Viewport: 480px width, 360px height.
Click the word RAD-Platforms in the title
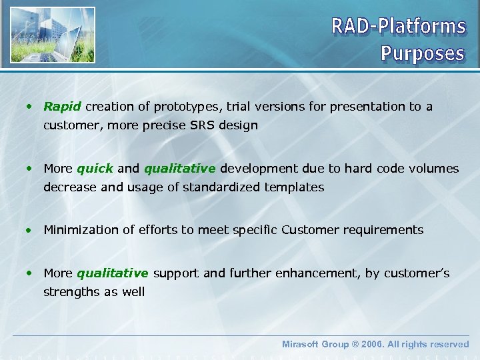point(398,26)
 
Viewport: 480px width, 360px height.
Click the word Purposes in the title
point(422,53)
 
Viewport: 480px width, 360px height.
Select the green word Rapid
point(62,107)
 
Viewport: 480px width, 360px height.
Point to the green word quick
point(95,169)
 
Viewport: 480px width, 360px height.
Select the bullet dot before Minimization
point(30,231)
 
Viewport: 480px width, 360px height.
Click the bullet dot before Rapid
point(30,107)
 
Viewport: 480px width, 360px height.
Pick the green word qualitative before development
point(179,169)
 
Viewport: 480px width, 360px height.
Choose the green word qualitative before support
point(112,273)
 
